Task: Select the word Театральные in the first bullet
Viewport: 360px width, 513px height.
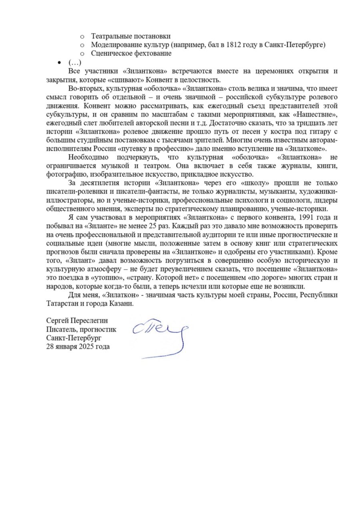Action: click(109, 36)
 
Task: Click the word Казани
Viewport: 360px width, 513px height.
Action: click(121, 304)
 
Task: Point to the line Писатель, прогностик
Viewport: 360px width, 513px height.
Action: click(81, 330)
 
